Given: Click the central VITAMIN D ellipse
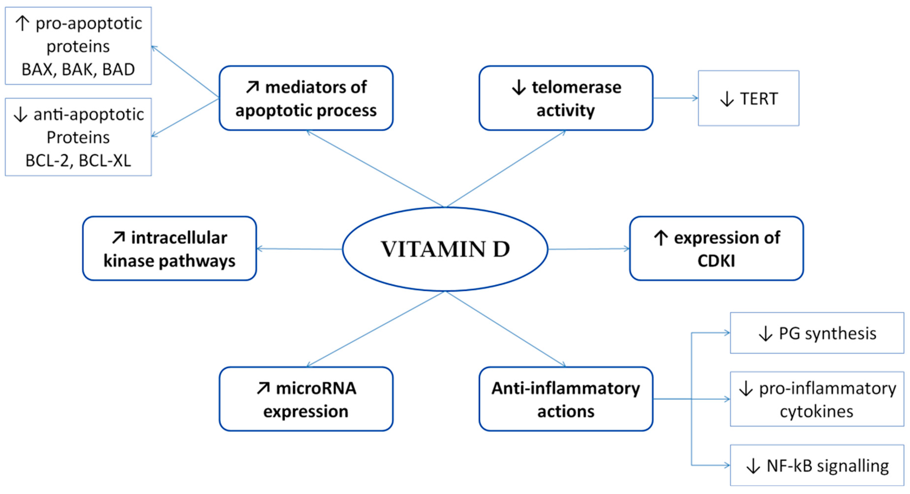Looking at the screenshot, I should [445, 249].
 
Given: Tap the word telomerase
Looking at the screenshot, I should [576, 87].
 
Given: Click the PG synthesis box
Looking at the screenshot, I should [817, 333].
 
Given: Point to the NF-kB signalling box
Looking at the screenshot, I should [817, 465].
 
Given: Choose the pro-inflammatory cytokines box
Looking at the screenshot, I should [817, 399].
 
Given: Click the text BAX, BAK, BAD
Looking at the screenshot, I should [78, 70].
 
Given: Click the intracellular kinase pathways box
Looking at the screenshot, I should [169, 248].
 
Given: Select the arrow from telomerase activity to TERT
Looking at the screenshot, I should [675, 98].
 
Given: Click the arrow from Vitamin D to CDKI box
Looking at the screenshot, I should [589, 249].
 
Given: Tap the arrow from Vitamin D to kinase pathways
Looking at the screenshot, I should [299, 249].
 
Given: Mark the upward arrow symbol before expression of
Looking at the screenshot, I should [661, 238].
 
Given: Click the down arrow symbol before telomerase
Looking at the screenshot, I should [519, 87].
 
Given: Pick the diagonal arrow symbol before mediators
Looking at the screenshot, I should [253, 87].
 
